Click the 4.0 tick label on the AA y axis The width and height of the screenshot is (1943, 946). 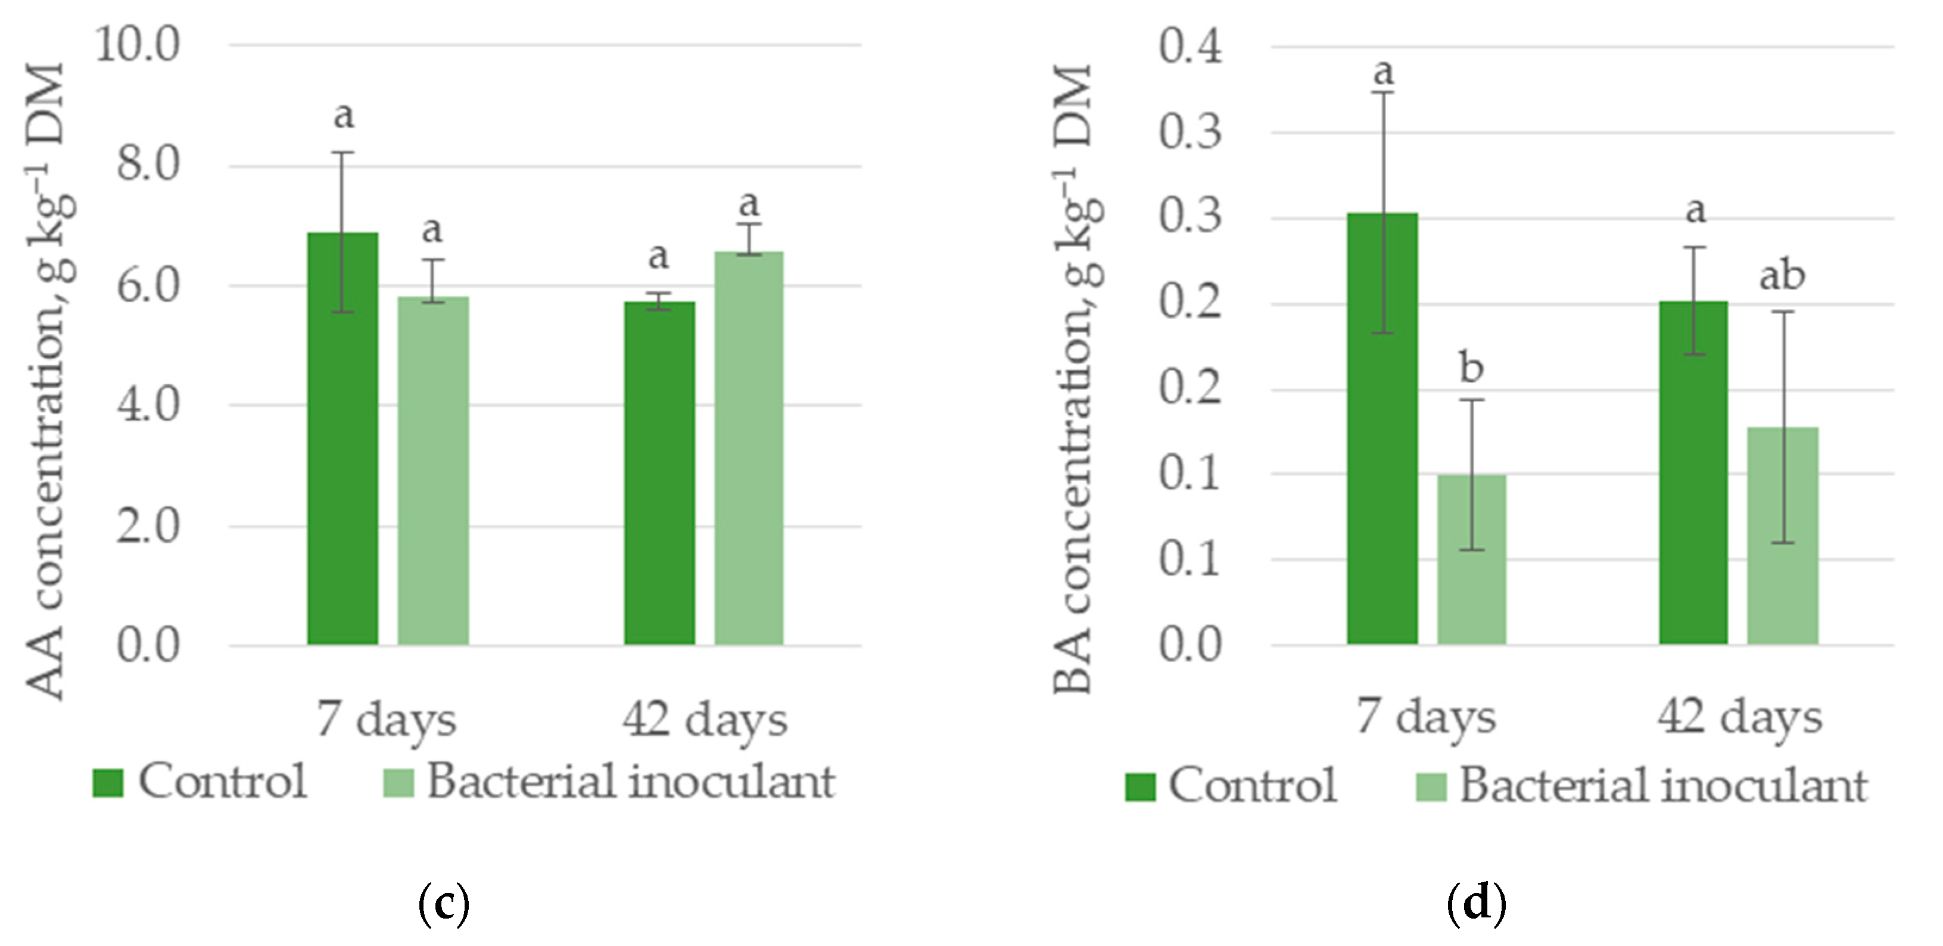click(148, 405)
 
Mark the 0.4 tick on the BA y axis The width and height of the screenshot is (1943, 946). click(1190, 47)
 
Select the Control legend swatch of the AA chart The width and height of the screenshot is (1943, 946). click(108, 782)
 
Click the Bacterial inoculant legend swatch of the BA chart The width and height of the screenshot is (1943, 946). click(1431, 787)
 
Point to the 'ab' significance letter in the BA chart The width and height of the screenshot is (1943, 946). click(1782, 276)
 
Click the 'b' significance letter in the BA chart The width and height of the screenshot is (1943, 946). click(1471, 368)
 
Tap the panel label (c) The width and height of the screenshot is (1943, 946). click(444, 903)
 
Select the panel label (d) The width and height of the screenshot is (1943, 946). click(1476, 903)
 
